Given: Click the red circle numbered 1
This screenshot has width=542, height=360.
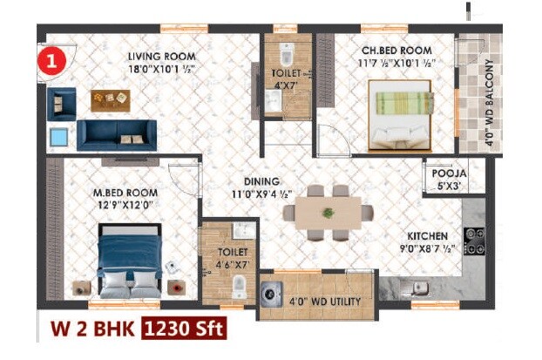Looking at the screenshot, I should (x=53, y=63).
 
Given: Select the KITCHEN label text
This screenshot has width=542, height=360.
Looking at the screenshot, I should (x=429, y=236).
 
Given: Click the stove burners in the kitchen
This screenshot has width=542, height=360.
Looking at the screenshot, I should (x=474, y=241).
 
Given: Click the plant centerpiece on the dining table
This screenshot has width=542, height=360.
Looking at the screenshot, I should (x=328, y=212).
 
